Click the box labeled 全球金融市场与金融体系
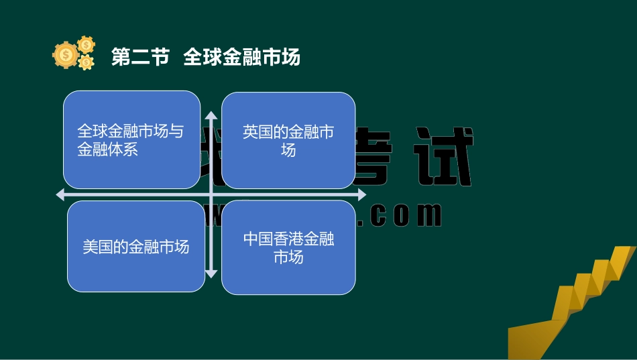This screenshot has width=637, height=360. point(131,139)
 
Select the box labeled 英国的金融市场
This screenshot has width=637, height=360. point(288,140)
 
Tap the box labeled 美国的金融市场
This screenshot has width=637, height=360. point(135,247)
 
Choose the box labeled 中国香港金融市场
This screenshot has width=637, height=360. point(288,248)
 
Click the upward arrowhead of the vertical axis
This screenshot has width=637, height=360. point(211,115)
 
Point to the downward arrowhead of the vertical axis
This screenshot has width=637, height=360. point(211,274)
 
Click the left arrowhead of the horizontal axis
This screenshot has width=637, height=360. point(60,195)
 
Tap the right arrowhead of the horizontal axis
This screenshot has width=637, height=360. point(362,195)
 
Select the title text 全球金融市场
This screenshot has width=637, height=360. point(241,58)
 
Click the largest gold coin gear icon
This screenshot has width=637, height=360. point(65,55)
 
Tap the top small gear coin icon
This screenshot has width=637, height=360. point(86,45)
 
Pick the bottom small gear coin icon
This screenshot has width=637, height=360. point(86,63)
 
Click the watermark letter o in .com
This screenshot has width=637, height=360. point(400,215)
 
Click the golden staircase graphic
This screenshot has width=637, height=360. point(574,302)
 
